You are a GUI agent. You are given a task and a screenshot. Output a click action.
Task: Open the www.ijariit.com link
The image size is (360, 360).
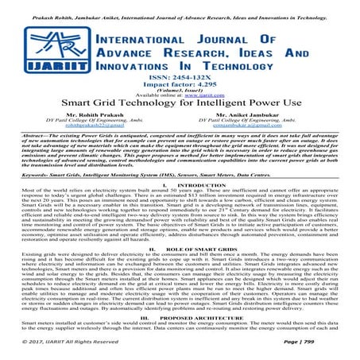[x=211, y=106]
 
